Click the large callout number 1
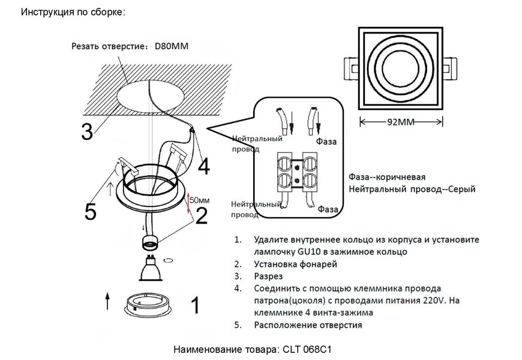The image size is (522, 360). tap(194, 305)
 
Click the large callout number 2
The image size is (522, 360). tap(201, 214)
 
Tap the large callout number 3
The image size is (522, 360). tap(87, 131)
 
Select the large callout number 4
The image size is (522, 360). tap(204, 166)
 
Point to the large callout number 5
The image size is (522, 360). tap(90, 212)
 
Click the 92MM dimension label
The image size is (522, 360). tap(401, 122)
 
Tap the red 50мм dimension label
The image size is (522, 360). tap(199, 199)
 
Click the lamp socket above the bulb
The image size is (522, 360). tap(150, 243)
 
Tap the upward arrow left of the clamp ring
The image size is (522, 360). tap(107, 301)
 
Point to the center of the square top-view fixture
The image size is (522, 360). tap(400, 66)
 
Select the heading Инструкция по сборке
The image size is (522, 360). tap(73, 12)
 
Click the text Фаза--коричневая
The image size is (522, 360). tap(387, 178)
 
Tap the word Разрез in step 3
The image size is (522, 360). tap(271, 276)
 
